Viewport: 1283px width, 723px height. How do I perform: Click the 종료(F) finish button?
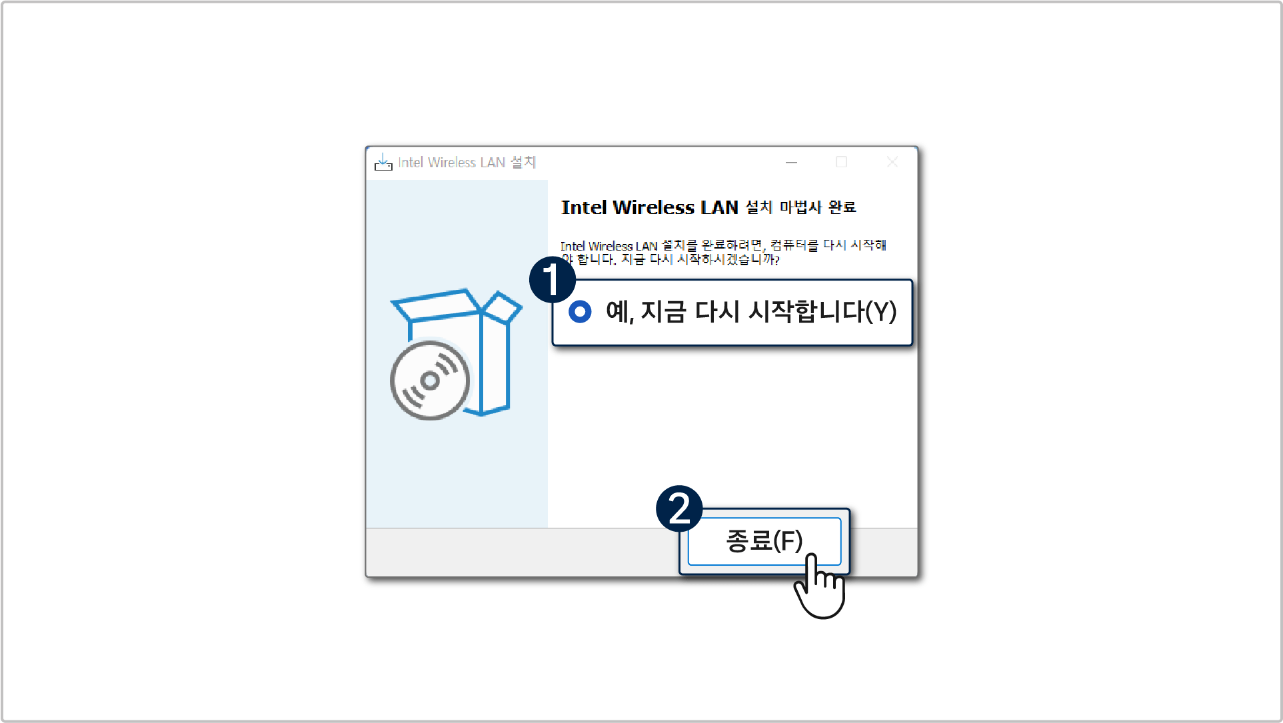coord(764,541)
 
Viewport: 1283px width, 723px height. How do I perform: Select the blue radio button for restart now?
coord(580,311)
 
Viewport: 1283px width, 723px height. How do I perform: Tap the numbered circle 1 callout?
coord(552,280)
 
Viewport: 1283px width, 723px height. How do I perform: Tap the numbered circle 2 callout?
coord(679,508)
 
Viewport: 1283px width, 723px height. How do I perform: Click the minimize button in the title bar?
coord(791,163)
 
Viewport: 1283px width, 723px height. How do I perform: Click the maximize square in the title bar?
coord(841,162)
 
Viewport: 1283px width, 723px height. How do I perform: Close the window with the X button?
coord(892,162)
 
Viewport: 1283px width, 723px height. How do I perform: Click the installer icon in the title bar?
coord(383,162)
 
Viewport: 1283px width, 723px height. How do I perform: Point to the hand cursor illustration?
coord(820,586)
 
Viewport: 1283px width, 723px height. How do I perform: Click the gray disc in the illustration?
coord(430,380)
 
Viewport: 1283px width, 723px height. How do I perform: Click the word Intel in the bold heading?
coord(584,207)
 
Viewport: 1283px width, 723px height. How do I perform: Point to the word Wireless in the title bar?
coord(451,163)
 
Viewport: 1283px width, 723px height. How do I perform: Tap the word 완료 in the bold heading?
coord(842,207)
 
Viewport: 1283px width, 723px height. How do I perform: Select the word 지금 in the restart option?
coord(663,312)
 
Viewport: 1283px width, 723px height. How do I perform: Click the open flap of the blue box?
coord(501,307)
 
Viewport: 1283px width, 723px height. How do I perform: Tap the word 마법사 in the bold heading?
coord(800,207)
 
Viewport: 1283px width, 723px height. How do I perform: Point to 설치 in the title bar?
coord(523,162)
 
